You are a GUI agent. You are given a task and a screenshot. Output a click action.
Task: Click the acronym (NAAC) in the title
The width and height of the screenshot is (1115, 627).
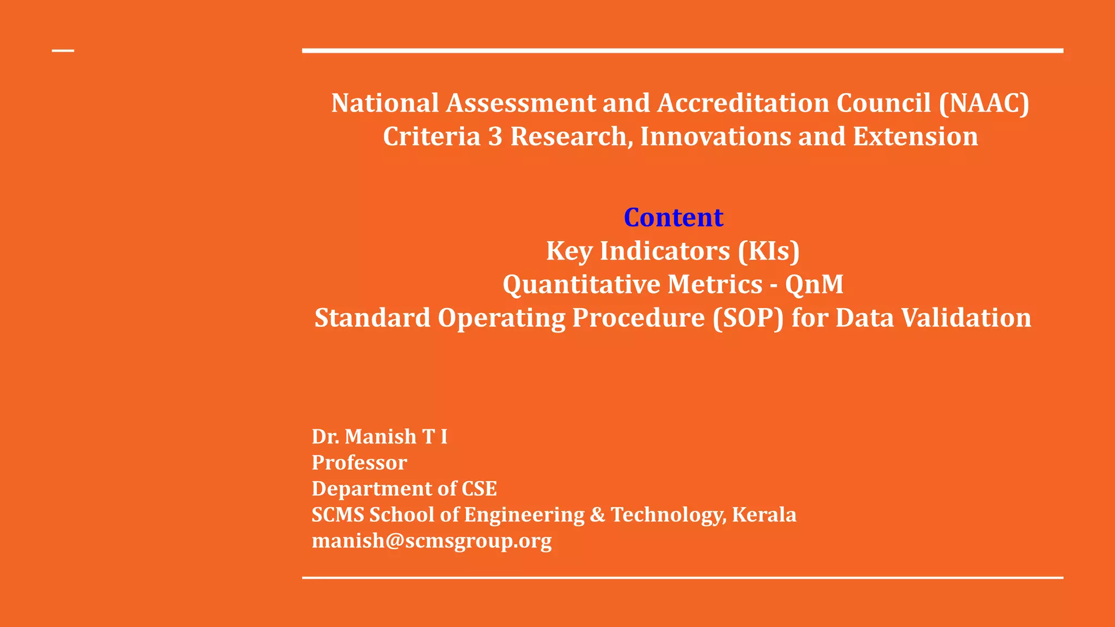(984, 103)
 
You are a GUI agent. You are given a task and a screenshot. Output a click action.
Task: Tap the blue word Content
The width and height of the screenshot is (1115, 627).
(673, 218)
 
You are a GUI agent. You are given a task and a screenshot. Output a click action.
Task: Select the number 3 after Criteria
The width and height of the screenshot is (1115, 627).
(495, 137)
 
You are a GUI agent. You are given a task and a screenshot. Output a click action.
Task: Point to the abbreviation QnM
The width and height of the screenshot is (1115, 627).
(814, 285)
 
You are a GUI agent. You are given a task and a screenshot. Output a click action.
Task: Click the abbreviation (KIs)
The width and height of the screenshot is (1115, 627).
(769, 251)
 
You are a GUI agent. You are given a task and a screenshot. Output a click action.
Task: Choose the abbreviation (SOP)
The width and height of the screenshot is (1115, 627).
(748, 318)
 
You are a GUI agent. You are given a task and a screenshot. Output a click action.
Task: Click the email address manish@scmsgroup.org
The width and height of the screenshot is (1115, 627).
(432, 541)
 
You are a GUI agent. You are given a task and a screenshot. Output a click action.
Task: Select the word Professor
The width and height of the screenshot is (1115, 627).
(359, 463)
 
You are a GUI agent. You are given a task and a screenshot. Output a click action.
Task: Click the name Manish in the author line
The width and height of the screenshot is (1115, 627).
(381, 437)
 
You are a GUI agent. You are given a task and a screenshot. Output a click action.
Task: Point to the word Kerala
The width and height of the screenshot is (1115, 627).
(764, 515)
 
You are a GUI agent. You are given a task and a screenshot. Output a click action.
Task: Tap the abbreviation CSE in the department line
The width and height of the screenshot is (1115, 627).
(479, 489)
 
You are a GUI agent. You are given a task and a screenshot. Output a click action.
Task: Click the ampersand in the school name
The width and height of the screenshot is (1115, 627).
(597, 515)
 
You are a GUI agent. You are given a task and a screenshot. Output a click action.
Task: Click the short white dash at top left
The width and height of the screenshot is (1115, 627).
(63, 51)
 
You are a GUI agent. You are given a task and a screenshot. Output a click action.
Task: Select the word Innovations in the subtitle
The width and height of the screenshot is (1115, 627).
(715, 137)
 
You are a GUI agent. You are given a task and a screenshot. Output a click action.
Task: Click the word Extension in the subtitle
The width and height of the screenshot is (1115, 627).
(915, 137)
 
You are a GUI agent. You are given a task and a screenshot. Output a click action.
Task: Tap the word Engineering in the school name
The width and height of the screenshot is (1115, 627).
(524, 515)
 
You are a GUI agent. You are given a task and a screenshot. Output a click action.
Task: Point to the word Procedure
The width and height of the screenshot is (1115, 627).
(638, 318)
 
